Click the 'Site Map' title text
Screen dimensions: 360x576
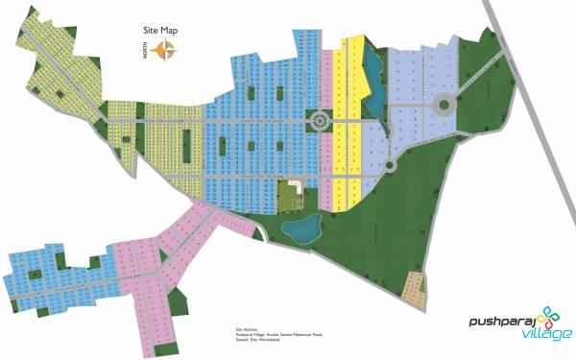pos(157,31)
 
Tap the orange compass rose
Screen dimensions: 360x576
pos(166,53)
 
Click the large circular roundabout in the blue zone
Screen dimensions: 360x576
pos(319,120)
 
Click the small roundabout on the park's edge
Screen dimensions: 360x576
pos(389,164)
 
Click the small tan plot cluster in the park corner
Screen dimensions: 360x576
pos(414,288)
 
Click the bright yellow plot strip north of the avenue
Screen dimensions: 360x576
pos(353,77)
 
